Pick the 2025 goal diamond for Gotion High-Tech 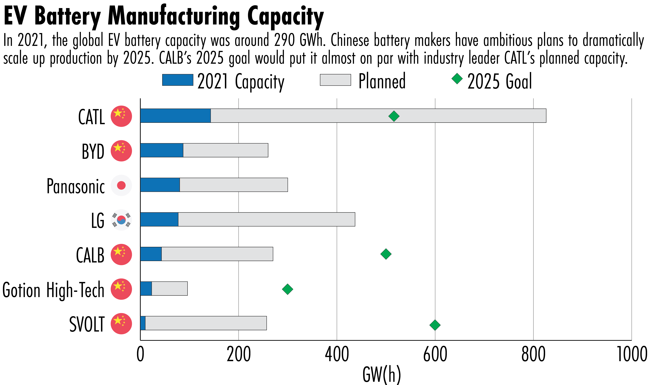click(x=288, y=289)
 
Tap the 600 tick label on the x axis click(x=435, y=354)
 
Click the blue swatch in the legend click(x=178, y=80)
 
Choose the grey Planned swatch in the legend click(x=335, y=80)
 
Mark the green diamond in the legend click(x=457, y=79)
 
